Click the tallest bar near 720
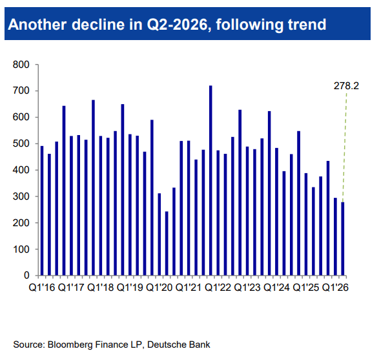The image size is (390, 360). pyautogui.click(x=210, y=180)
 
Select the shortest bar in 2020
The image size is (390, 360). pyautogui.click(x=167, y=244)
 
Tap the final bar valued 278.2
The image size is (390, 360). pyautogui.click(x=343, y=238)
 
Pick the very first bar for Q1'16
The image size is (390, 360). pyautogui.click(x=42, y=211)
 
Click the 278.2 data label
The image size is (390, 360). pyautogui.click(x=346, y=86)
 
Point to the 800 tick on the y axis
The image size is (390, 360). pyautogui.click(x=21, y=65)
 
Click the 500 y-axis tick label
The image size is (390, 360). pyautogui.click(x=21, y=143)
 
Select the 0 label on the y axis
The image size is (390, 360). pyautogui.click(x=26, y=275)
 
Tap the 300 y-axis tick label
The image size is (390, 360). pyautogui.click(x=21, y=196)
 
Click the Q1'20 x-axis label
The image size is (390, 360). pyautogui.click(x=159, y=288)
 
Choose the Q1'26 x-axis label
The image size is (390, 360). pyautogui.click(x=335, y=288)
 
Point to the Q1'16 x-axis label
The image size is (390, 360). pyautogui.click(x=42, y=288)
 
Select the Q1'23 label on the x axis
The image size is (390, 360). pyautogui.click(x=247, y=288)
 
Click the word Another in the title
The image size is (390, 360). pyautogui.click(x=37, y=25)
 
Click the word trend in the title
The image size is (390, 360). pyautogui.click(x=307, y=25)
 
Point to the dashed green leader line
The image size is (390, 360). pyautogui.click(x=345, y=147)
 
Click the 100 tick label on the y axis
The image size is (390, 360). pyautogui.click(x=21, y=249)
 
